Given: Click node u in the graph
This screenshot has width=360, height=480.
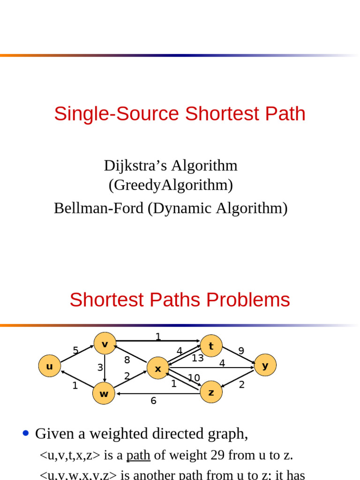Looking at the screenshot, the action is (49, 366).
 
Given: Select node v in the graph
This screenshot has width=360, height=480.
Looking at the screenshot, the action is (105, 344).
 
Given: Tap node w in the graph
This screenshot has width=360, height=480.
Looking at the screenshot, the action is (104, 394).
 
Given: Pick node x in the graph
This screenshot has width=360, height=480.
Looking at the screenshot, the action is (158, 368).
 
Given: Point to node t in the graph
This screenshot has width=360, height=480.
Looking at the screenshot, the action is (211, 346).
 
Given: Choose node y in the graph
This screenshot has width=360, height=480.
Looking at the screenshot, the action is (265, 365).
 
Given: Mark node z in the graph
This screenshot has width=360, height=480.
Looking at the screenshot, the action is (211, 392).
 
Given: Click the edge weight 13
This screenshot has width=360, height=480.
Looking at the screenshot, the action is (198, 359).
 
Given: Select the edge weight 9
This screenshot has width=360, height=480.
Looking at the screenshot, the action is (241, 351).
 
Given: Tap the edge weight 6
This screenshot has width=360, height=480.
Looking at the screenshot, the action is (153, 401).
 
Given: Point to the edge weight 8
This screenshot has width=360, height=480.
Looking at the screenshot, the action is (127, 360).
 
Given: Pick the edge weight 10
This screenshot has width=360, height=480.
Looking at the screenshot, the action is (194, 378).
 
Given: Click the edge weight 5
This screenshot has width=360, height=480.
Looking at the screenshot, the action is (75, 351).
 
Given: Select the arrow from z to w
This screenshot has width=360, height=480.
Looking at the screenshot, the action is (159, 394).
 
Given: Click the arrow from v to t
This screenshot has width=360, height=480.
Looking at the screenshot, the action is (158, 341).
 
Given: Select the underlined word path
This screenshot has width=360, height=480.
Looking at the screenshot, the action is (138, 455).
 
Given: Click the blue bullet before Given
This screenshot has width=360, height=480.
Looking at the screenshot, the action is (26, 434).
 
